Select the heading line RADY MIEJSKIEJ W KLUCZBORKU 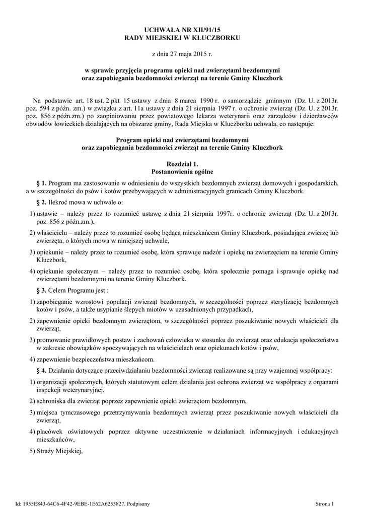[182, 38]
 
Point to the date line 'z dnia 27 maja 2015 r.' [182, 53]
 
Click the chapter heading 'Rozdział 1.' [182, 164]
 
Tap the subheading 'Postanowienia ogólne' [182, 171]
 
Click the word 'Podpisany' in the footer [136, 503]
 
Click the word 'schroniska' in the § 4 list [51, 401]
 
